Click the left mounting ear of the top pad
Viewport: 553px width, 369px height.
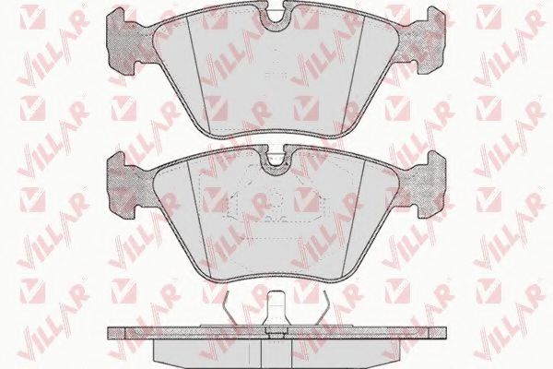tap(122, 41)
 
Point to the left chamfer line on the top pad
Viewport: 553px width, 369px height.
tap(198, 73)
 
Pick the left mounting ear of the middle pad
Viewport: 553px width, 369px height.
tap(122, 184)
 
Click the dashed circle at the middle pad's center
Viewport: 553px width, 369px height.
tap(276, 200)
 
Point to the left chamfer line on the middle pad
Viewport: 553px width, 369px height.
tap(198, 219)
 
